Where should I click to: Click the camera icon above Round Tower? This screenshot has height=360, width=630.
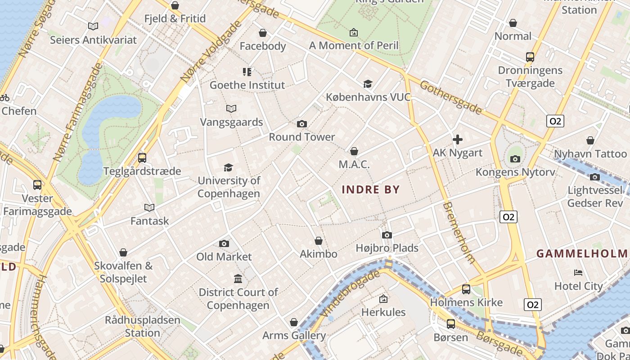coord(302,124)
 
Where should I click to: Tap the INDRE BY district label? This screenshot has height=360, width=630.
coord(371,189)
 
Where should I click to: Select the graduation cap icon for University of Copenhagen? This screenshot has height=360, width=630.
coord(229,168)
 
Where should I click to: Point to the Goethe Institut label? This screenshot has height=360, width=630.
coord(247,85)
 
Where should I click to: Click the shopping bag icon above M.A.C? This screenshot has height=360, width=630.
coord(354,151)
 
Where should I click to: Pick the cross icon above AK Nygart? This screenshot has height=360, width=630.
coord(458,139)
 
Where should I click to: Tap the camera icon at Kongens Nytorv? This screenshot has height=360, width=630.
coord(515,159)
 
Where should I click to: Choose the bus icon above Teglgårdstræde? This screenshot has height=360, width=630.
coord(142,158)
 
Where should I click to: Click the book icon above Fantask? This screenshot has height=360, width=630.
coord(149,207)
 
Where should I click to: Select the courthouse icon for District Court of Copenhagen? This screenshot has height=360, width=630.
coord(238,279)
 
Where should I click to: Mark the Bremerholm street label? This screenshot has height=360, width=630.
coord(459,232)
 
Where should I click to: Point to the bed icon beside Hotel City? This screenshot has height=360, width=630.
coord(578,273)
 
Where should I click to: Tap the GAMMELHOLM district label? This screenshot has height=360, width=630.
coord(582,254)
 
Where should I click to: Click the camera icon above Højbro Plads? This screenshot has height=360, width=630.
coord(387,235)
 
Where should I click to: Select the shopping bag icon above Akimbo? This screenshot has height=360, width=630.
coord(319,241)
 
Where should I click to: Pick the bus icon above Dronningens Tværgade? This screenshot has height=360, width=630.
coord(530,57)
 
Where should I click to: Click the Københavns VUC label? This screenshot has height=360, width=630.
coord(368,97)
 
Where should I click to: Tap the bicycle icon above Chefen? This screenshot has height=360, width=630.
coord(4,97)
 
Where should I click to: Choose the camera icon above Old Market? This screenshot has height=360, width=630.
coord(224,243)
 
